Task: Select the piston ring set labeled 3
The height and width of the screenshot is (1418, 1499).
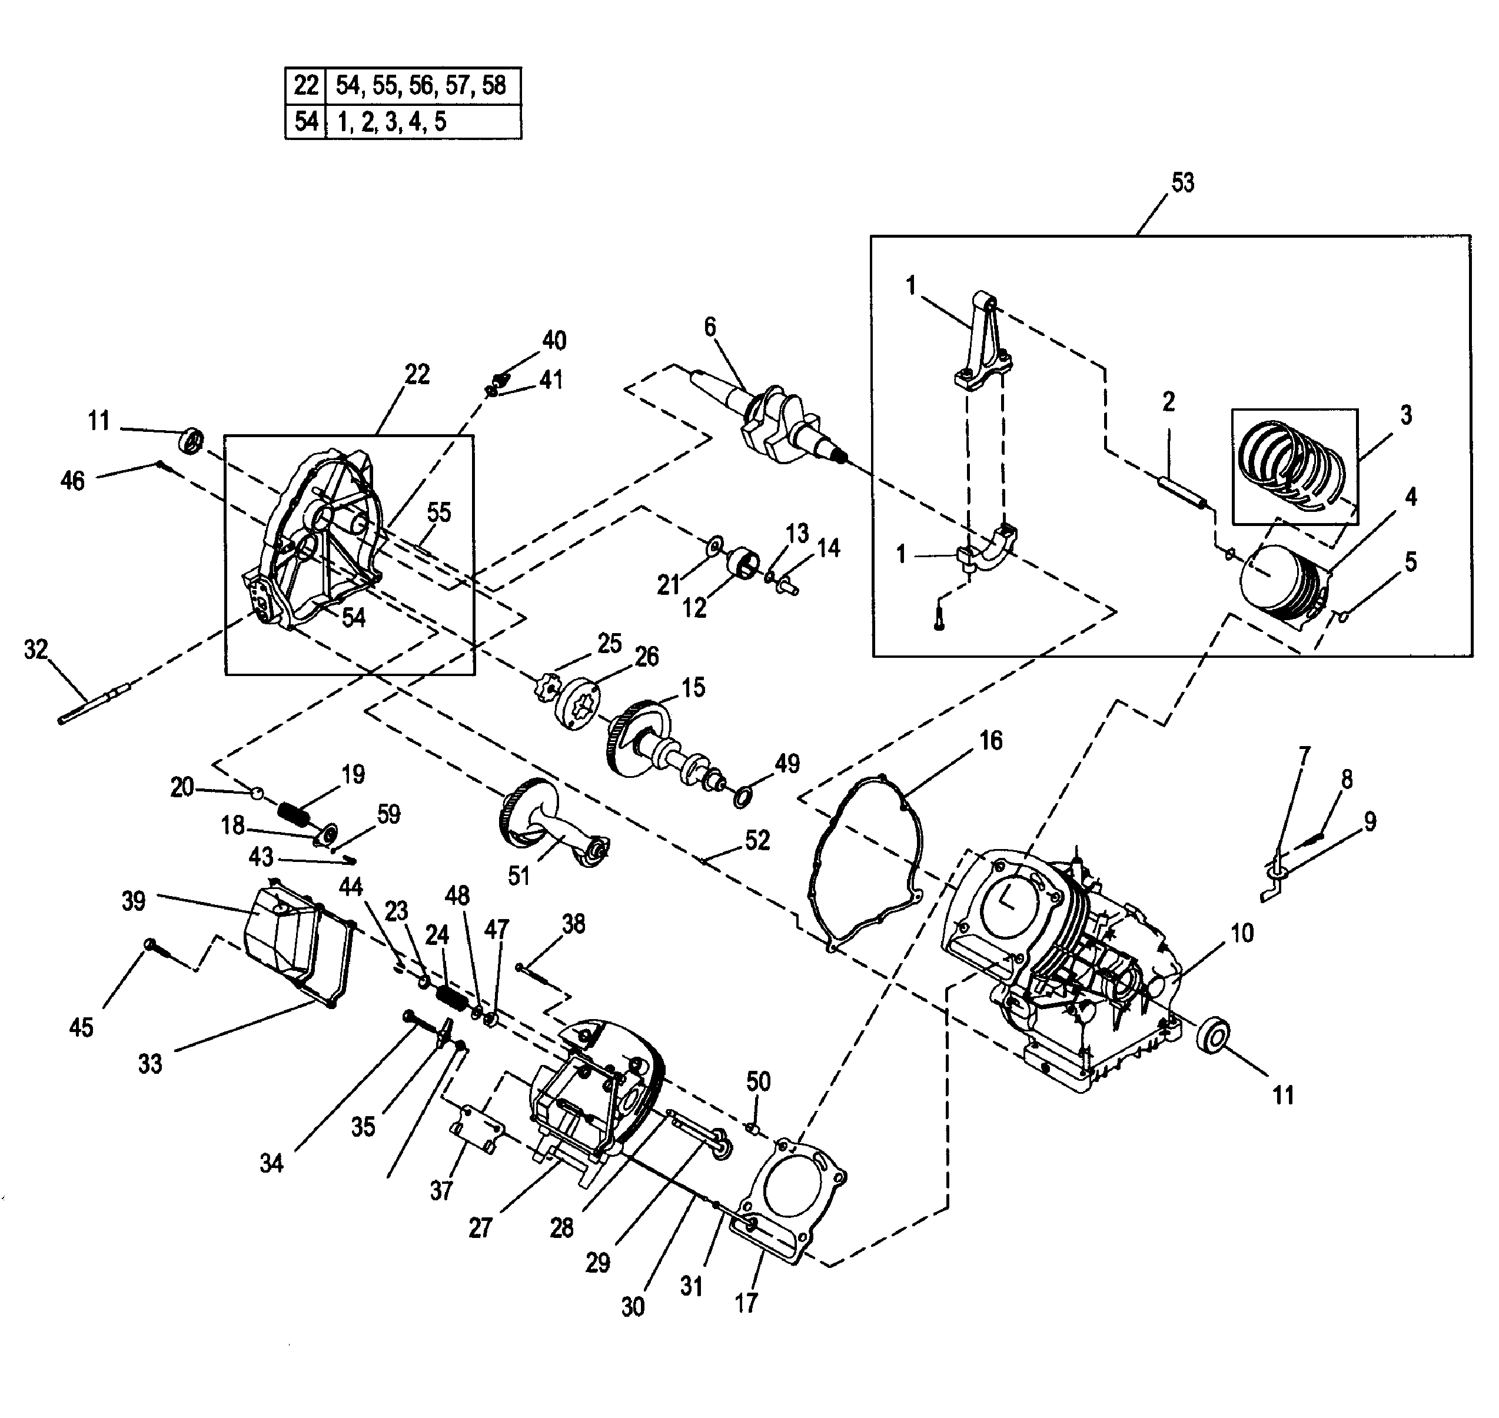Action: point(1292,465)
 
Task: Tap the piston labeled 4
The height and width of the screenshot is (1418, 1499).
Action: point(1281,586)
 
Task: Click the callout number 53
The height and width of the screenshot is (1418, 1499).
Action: point(1182,183)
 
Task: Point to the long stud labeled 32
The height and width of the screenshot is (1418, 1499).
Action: point(95,703)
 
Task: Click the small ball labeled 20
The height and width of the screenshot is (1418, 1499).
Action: point(258,792)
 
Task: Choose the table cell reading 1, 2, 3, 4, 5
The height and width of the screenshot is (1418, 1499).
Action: point(422,122)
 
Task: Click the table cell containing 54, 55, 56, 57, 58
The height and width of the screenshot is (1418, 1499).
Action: point(422,85)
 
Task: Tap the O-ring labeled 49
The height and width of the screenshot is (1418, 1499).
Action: point(742,797)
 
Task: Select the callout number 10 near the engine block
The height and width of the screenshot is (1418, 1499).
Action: point(1242,934)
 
